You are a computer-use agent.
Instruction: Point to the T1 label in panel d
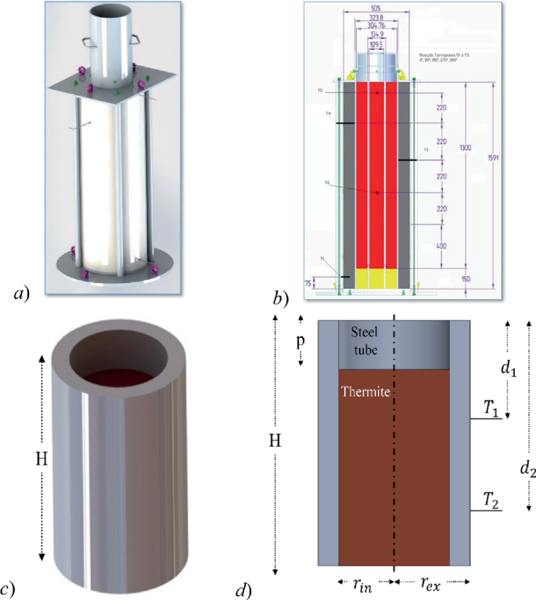pos(491,406)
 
